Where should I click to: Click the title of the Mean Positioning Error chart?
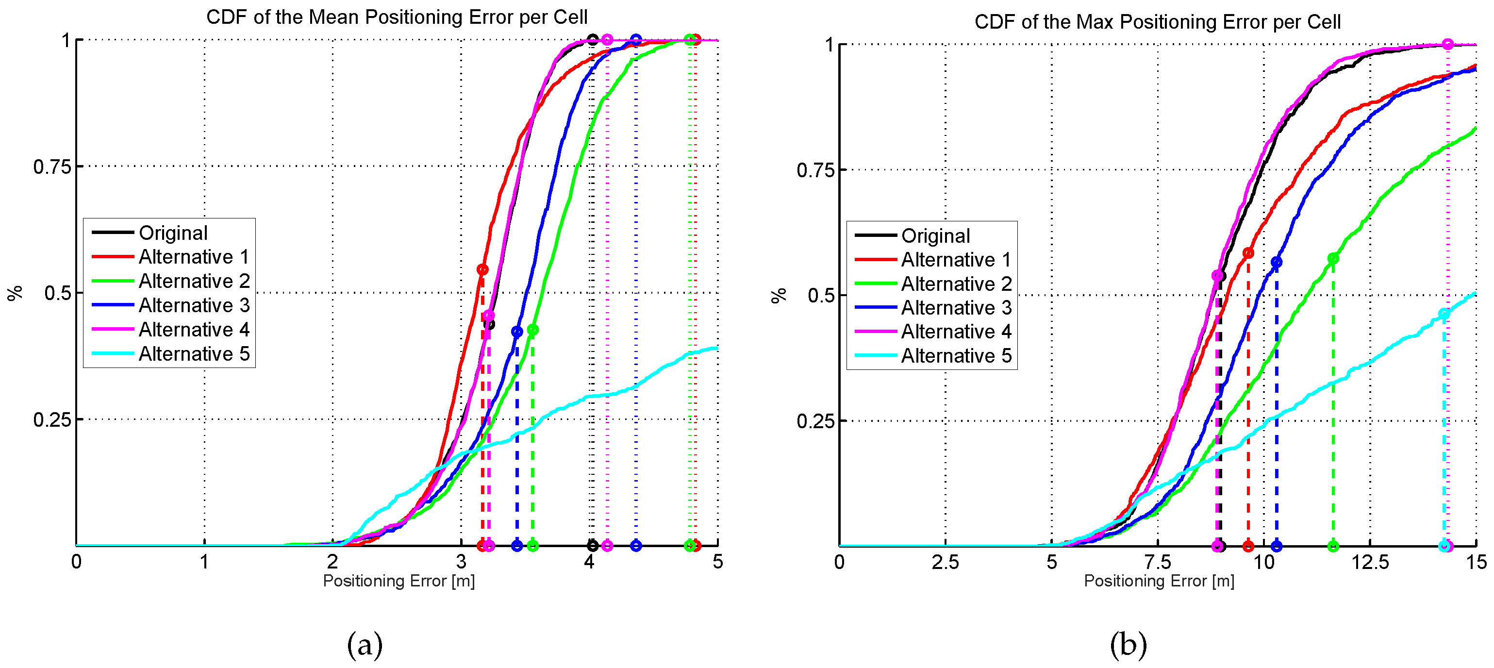click(x=397, y=17)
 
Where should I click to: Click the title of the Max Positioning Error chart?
click(x=1157, y=21)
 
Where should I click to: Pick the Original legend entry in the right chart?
click(x=935, y=235)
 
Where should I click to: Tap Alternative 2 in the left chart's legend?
click(x=193, y=281)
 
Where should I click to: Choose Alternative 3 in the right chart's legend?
click(x=956, y=307)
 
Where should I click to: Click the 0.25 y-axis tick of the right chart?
click(x=815, y=421)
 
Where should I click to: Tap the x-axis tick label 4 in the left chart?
click(x=589, y=561)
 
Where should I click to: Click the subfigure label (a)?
click(x=365, y=644)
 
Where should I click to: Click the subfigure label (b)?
click(x=1128, y=644)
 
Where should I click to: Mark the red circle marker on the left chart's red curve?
click(x=482, y=269)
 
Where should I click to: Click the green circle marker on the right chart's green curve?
click(x=1333, y=259)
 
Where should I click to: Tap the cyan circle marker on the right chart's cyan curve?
click(x=1444, y=314)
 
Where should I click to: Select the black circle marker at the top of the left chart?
click(x=592, y=39)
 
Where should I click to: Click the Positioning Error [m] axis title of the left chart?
click(x=398, y=581)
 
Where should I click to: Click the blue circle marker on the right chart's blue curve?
click(x=1277, y=262)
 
